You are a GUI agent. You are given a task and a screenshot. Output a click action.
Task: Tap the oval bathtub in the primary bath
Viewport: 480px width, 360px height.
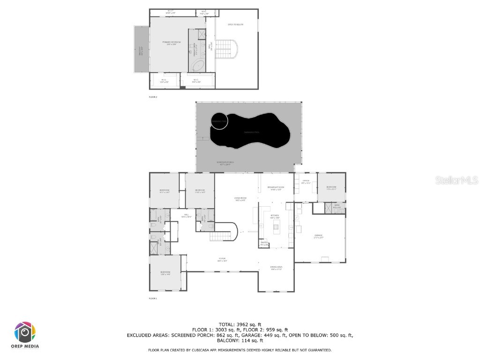(x=198, y=66)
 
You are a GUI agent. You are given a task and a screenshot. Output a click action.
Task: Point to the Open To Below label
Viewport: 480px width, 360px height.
(x=236, y=24)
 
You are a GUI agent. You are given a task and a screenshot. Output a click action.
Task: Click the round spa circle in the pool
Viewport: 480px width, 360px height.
(x=219, y=121)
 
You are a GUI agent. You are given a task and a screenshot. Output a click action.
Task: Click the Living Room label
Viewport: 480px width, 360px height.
(x=240, y=199)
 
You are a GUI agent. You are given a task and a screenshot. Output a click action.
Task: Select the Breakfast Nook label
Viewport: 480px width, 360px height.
(x=276, y=188)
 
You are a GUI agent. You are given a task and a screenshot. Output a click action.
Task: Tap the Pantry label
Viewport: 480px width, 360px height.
(x=264, y=243)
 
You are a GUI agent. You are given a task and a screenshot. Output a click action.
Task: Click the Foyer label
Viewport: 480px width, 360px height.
(x=222, y=260)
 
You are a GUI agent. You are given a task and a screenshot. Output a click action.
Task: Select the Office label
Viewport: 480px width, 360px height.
(x=306, y=181)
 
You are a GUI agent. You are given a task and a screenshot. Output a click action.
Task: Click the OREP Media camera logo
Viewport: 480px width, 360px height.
(x=25, y=332)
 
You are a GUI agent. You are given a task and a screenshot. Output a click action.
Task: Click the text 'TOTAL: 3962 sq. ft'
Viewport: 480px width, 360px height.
(x=240, y=324)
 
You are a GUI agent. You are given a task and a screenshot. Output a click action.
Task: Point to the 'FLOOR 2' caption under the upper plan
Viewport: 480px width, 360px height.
(x=153, y=97)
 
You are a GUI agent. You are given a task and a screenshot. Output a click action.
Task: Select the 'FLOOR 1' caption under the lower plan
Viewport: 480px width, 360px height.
(x=153, y=298)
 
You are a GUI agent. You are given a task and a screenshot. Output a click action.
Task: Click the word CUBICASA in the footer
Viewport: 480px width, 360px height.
(x=200, y=350)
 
